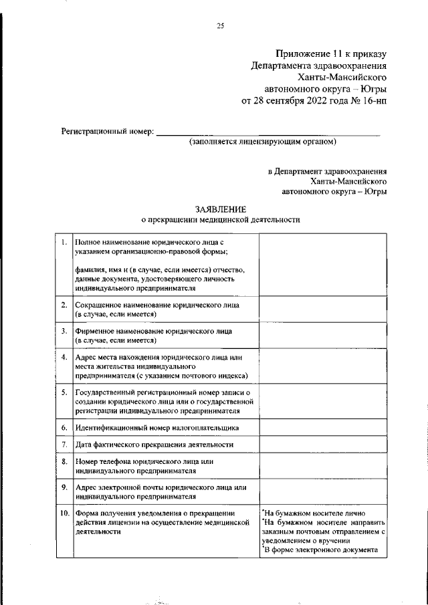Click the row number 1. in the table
[63, 241]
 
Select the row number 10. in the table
[64, 513]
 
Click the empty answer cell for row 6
[322, 427]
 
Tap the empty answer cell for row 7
[322, 445]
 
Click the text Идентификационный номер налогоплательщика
[156, 427]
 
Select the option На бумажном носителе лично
[306, 513]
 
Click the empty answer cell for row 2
[322, 309]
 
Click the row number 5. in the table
[63, 392]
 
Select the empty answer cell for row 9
[322, 492]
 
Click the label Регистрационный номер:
[107, 131]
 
